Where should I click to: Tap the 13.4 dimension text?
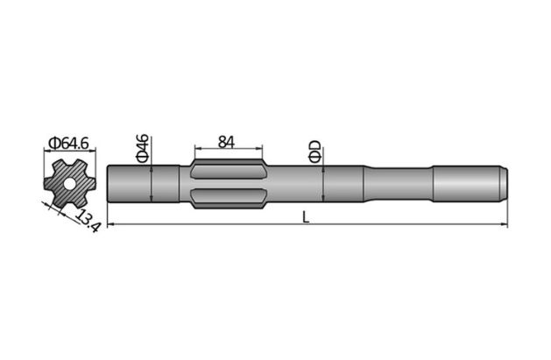tap(86, 219)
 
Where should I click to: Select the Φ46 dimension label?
tap(143, 148)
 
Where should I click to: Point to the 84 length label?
tap(227, 141)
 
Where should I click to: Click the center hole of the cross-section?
tap(67, 184)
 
